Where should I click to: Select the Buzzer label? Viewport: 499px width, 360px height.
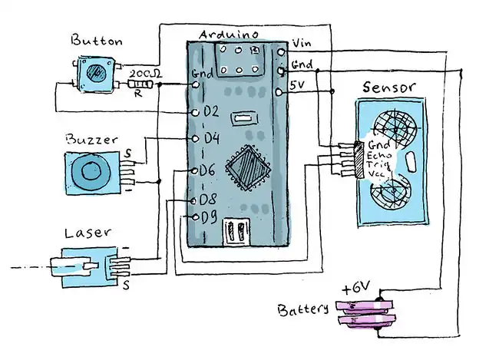pyautogui.click(x=91, y=140)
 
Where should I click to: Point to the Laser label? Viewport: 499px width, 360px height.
pyautogui.click(x=87, y=232)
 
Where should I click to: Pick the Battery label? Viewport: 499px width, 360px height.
pyautogui.click(x=303, y=311)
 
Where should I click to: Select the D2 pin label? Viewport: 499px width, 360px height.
pyautogui.click(x=210, y=112)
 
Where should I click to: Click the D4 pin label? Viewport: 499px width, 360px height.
pyautogui.click(x=210, y=139)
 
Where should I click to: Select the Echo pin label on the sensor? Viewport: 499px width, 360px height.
pyautogui.click(x=380, y=154)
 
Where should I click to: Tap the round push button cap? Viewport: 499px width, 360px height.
pyautogui.click(x=97, y=74)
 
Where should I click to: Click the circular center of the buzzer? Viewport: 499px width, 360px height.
pyautogui.click(x=92, y=173)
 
